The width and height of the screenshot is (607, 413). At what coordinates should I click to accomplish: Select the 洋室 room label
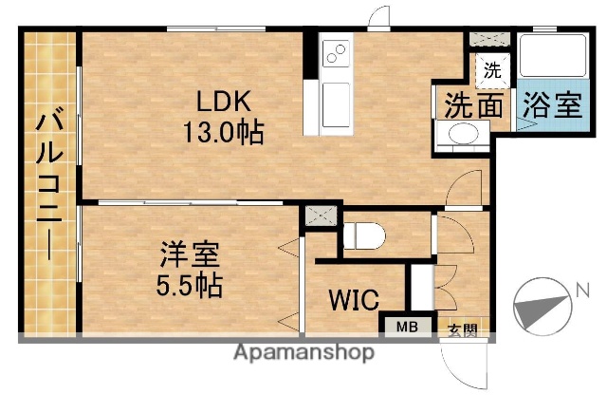[190, 254]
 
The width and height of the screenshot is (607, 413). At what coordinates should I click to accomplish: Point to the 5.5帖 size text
[190, 284]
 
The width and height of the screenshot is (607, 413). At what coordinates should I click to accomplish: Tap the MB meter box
[406, 328]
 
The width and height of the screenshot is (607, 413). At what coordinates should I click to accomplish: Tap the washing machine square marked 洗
[491, 69]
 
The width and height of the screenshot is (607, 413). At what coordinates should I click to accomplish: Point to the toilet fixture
[364, 234]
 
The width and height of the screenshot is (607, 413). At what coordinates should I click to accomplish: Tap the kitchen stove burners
[335, 54]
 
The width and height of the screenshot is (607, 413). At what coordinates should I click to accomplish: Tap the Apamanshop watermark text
[303, 352]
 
